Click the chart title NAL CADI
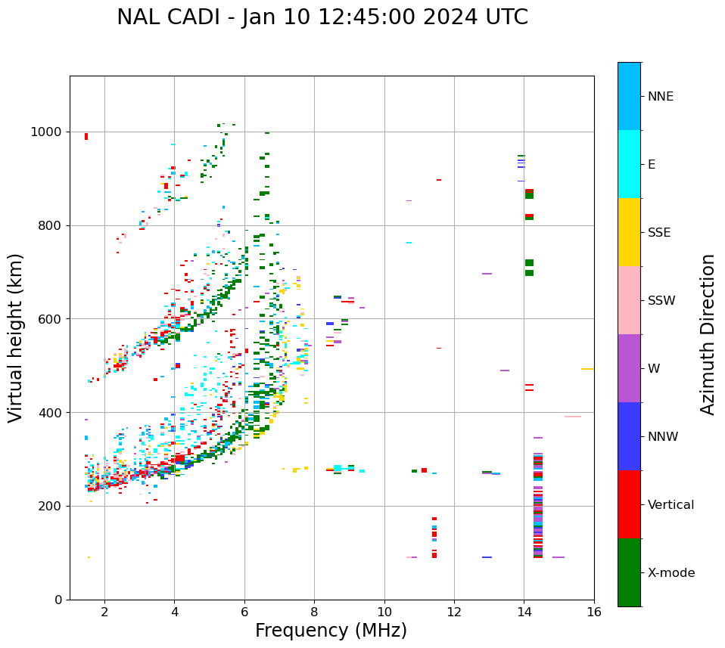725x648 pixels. coord(322,17)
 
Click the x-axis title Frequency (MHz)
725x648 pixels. coord(331,631)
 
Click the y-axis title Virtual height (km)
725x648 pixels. coord(16,337)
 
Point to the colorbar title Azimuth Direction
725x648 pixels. coord(708,334)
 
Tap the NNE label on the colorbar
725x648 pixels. coord(660,97)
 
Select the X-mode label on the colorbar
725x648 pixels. coord(671,573)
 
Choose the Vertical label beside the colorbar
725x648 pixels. coord(671,505)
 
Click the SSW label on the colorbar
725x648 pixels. coord(661,301)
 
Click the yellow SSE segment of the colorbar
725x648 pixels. coord(629,232)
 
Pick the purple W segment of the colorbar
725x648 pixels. coord(629,368)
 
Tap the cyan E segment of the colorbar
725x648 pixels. coord(629,164)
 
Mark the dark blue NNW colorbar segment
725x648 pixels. coord(629,436)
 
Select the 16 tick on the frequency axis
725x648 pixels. coord(594,612)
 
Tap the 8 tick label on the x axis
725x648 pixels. coord(314,612)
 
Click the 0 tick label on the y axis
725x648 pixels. coord(58,600)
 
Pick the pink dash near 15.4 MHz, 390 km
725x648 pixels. coord(573,417)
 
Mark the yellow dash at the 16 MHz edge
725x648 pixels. coord(587,369)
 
